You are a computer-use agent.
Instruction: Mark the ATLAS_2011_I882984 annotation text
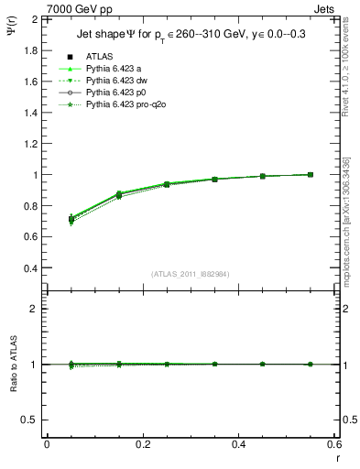point(190,273)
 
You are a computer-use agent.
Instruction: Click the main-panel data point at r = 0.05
point(47,218)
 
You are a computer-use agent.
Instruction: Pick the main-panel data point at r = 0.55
point(311,174)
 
